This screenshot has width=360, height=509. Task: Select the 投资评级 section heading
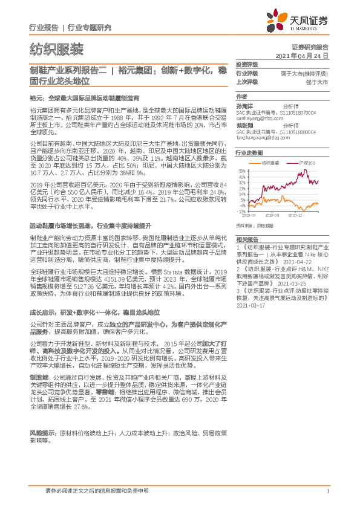(x=247, y=64)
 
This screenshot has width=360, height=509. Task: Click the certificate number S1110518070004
(x=293, y=111)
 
